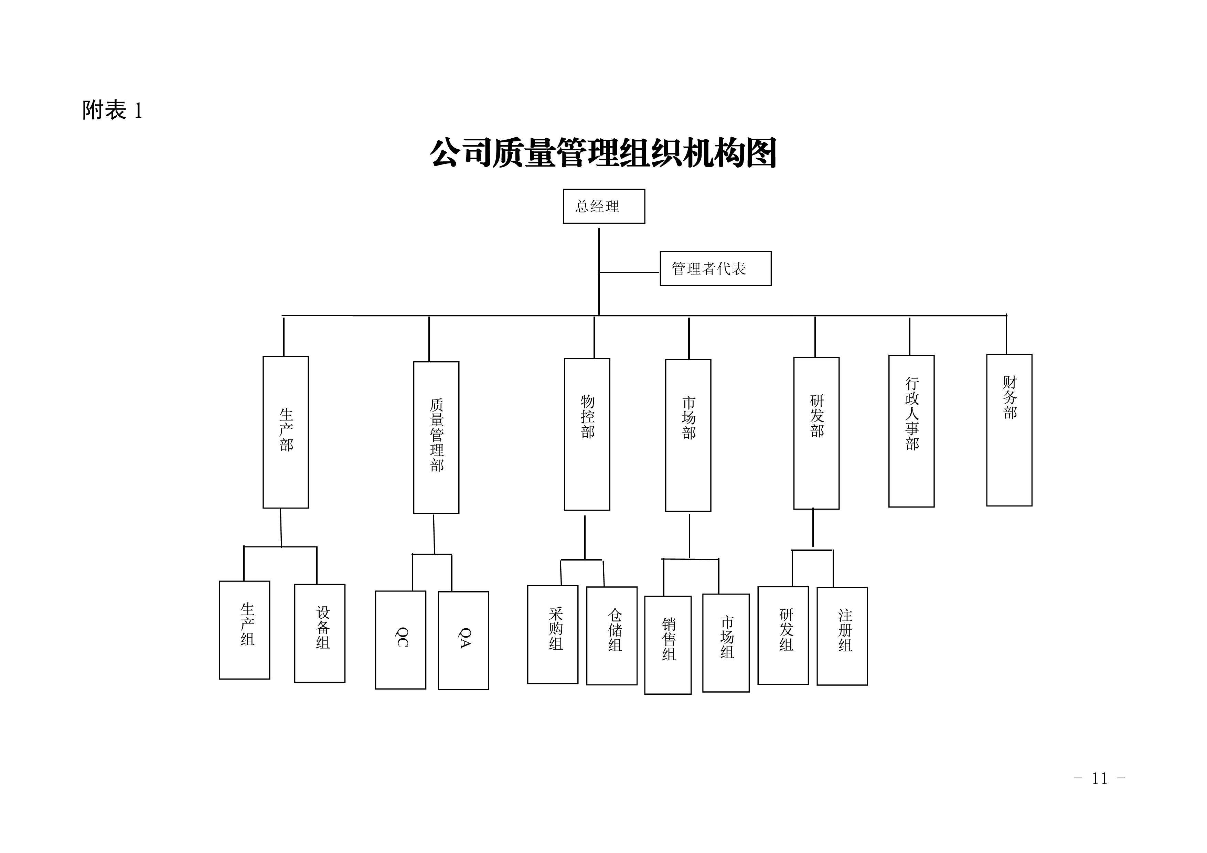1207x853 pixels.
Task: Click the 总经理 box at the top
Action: pos(603,206)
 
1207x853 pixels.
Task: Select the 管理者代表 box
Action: pos(715,269)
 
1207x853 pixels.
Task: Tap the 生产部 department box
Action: pos(286,432)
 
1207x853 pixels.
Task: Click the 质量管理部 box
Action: pos(436,437)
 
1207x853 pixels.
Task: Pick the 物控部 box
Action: pos(587,434)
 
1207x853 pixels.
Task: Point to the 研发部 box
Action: pos(816,433)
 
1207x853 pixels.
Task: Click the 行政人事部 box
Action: pos(911,431)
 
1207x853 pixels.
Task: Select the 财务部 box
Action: pos(1009,430)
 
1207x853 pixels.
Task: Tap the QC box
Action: pos(400,640)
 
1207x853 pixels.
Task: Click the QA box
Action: pos(463,640)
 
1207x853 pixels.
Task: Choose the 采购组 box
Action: pos(553,635)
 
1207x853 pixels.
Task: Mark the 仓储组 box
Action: pos(611,636)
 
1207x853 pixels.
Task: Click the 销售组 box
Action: pos(667,645)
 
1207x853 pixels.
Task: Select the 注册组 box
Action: pos(842,636)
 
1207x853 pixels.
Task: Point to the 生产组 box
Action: pos(244,630)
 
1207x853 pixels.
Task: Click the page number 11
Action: pos(1099,778)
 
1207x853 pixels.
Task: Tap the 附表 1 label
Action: pos(112,110)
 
